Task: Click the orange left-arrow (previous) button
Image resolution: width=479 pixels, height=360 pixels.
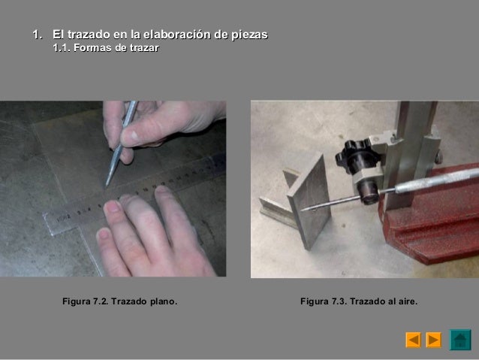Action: tap(413, 340)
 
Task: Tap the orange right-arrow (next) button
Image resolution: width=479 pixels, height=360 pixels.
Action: tap(434, 340)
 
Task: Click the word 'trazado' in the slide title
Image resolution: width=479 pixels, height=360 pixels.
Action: tap(87, 35)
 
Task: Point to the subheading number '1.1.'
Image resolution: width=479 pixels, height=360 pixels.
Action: tap(61, 49)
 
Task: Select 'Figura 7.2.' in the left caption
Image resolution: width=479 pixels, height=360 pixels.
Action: tap(85, 302)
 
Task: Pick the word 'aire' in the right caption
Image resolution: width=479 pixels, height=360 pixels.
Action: tap(405, 302)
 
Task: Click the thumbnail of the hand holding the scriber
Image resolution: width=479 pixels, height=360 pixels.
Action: tap(130, 137)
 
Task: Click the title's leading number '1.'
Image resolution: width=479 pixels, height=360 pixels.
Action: tap(34, 35)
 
